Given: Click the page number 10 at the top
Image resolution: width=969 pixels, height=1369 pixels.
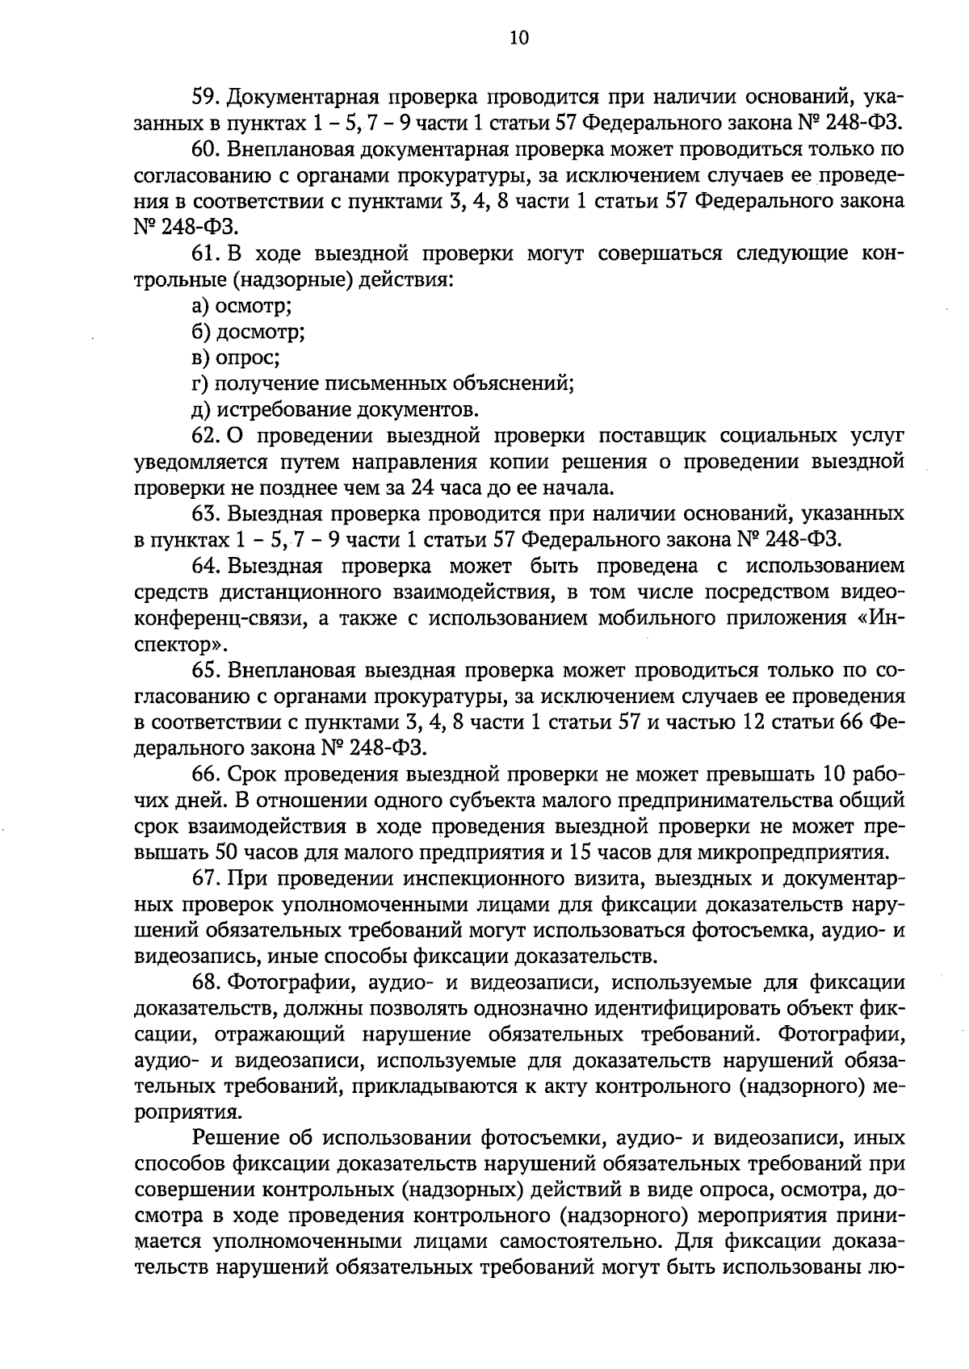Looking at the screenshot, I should pos(518,38).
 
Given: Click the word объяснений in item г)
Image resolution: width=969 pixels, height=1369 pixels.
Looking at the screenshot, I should pos(516,383).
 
